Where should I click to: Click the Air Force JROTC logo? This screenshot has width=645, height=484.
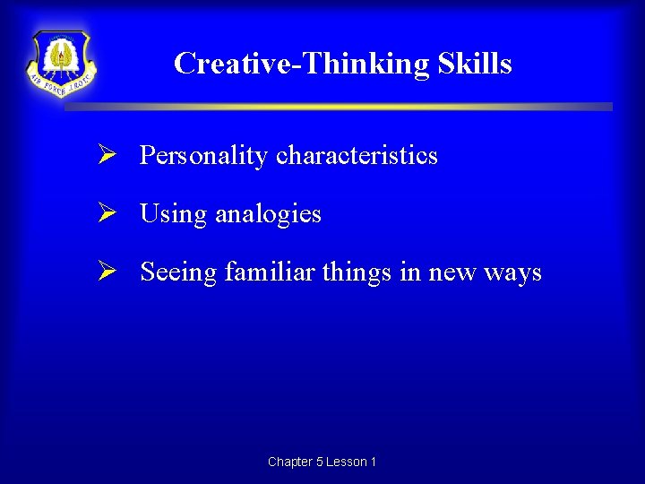tap(62, 63)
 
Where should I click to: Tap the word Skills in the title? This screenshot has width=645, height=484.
tap(475, 64)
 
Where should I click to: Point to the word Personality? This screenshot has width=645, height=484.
tap(203, 156)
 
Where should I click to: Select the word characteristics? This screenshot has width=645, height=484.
tap(357, 156)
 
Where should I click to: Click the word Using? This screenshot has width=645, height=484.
tap(173, 214)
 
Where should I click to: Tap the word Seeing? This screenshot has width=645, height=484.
tap(178, 272)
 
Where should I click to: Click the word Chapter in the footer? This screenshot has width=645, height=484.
tap(289, 462)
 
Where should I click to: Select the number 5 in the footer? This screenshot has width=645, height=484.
tap(320, 462)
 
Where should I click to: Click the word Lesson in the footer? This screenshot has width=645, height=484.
tap(346, 462)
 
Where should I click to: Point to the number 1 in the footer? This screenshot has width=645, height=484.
tap(373, 462)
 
